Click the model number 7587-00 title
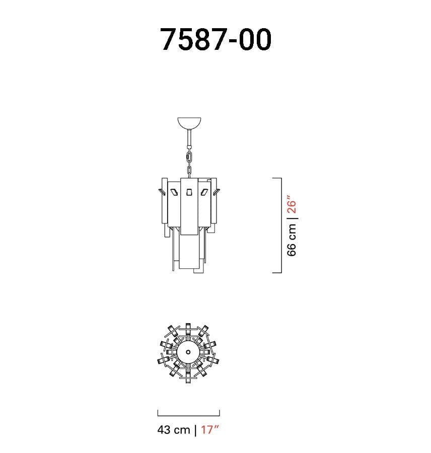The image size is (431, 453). click(215, 39)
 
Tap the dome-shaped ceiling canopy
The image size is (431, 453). click(189, 122)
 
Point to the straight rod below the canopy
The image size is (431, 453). click(189, 138)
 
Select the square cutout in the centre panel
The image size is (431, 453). click(189, 192)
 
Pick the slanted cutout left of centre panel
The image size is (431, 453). click(174, 192)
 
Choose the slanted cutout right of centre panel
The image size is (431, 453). click(204, 192)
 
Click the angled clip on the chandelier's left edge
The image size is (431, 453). click(161, 191)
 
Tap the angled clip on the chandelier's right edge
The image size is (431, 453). click(216, 192)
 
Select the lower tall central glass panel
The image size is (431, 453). click(188, 251)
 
